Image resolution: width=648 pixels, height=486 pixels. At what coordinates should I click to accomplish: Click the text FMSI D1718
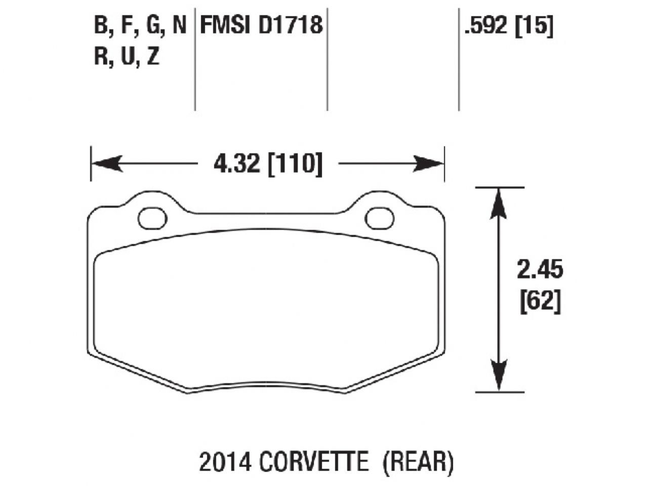point(261,25)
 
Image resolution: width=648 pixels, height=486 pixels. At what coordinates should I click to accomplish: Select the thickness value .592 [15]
point(508,25)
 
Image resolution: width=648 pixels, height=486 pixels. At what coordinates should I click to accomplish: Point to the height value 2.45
point(540,270)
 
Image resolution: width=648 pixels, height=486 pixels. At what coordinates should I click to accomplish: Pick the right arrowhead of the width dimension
point(429,164)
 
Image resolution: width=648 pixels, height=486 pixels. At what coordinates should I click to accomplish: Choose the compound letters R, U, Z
point(127,57)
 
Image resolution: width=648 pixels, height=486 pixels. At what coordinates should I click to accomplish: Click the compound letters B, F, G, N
point(140,25)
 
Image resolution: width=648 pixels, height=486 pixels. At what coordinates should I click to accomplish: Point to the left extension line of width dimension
point(91,164)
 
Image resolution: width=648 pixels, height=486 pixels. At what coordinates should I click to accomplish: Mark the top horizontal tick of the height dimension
point(499,187)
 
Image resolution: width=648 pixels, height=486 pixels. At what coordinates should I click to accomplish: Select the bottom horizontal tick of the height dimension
point(499,391)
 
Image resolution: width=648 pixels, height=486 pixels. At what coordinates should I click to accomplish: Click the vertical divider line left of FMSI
point(195,61)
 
